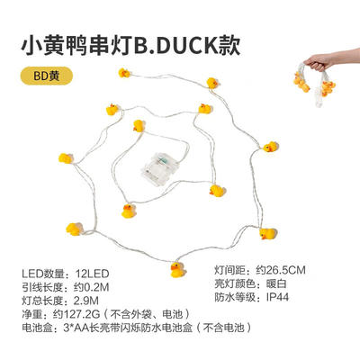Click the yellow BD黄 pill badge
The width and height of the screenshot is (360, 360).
click(47, 76)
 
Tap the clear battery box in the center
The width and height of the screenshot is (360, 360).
click(160, 169)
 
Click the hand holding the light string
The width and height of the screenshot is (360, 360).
click(319, 61)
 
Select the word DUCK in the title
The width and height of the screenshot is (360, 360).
click(188, 46)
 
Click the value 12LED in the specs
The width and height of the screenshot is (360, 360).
click(92, 274)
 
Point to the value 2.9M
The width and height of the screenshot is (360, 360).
click(86, 301)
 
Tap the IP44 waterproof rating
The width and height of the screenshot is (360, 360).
click(277, 297)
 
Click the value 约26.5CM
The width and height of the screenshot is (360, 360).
click(281, 270)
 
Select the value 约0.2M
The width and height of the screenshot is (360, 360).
click(91, 287)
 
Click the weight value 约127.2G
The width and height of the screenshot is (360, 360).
click(76, 314)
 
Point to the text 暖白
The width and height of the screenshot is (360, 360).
click(276, 283)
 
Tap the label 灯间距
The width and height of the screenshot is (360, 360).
click(229, 270)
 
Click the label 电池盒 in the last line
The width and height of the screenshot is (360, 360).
click(37, 328)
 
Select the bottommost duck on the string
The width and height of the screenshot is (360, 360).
click(178, 270)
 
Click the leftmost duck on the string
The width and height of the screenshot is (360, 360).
click(66, 158)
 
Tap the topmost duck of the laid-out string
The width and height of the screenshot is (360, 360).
click(124, 73)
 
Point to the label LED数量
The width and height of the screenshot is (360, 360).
click(43, 274)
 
